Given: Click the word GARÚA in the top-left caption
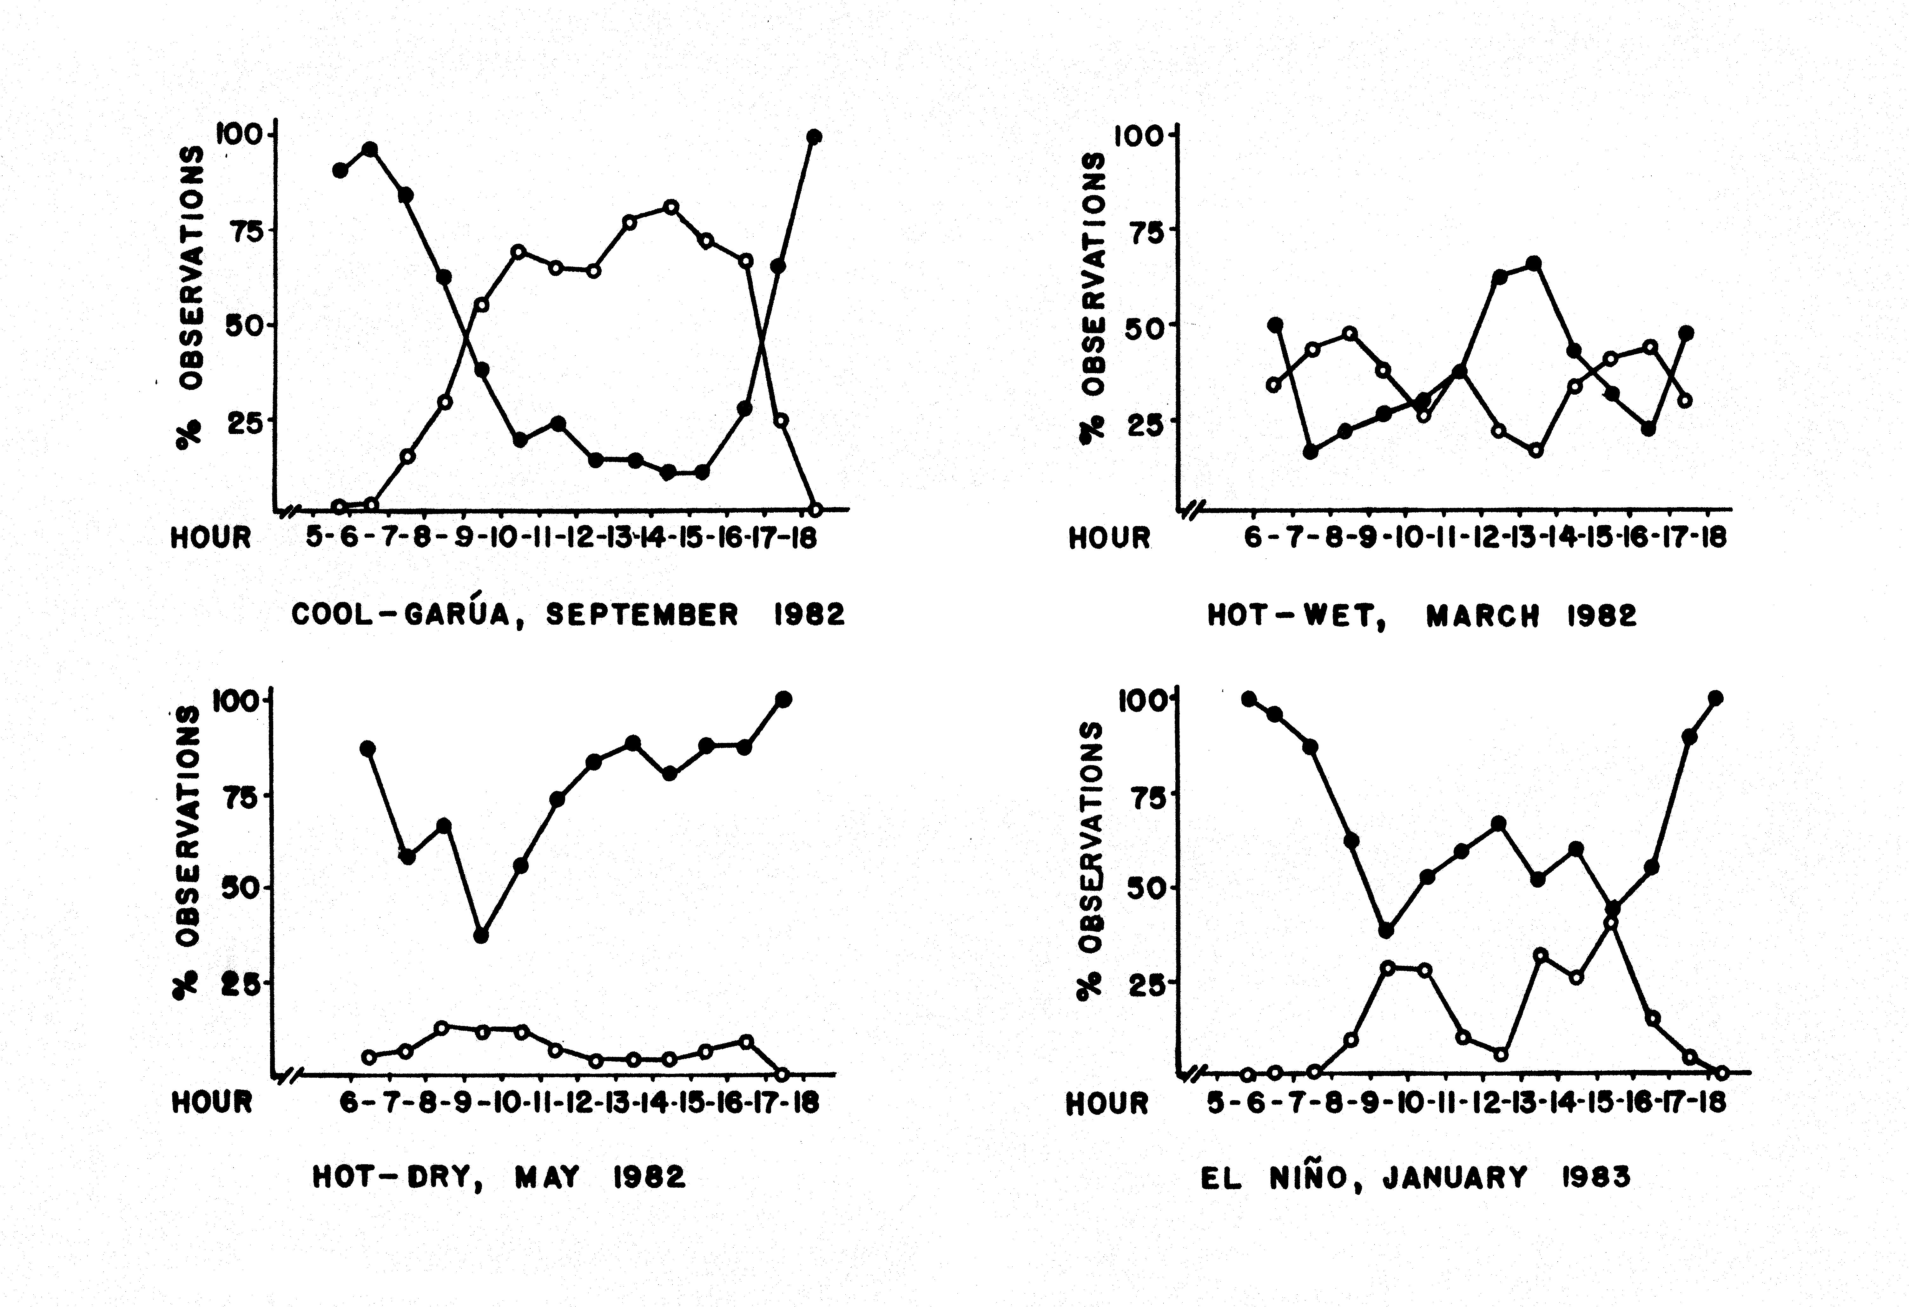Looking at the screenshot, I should [458, 614].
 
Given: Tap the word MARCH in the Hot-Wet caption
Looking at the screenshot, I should [1483, 616].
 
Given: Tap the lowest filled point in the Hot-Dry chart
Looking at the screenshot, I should [481, 935].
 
